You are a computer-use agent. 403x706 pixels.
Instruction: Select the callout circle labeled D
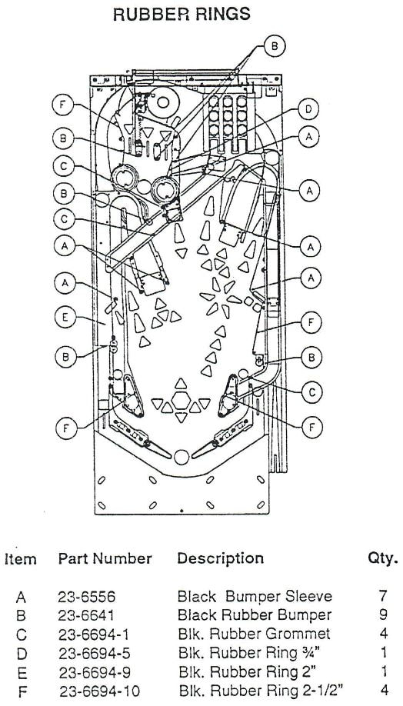click(x=308, y=109)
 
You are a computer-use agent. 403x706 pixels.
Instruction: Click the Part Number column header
click(x=105, y=559)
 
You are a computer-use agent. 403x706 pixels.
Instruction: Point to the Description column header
click(x=220, y=559)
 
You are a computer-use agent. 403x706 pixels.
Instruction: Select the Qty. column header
click(x=383, y=559)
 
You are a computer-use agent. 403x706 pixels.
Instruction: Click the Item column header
click(x=21, y=559)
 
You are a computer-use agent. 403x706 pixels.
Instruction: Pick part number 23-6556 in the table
click(x=86, y=597)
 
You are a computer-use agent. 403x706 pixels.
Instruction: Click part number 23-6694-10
click(x=99, y=691)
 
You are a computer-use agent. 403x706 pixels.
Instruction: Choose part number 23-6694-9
click(x=94, y=672)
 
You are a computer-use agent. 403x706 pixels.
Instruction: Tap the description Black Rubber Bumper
click(x=255, y=615)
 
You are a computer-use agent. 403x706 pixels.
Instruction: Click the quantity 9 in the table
click(x=383, y=615)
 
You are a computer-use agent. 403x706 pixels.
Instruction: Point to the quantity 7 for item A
click(x=383, y=597)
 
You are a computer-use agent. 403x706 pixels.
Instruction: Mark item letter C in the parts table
click(x=22, y=634)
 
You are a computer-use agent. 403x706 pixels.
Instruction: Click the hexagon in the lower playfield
click(x=181, y=400)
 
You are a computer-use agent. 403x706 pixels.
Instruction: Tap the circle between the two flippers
click(x=182, y=457)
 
